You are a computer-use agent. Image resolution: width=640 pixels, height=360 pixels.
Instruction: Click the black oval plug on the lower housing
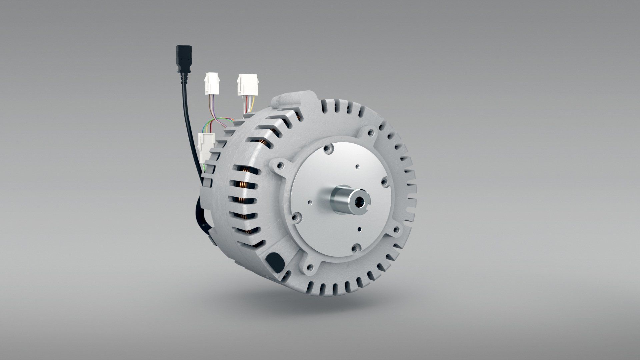tap(274, 260)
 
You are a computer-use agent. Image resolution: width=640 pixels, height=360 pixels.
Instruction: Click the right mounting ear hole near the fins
tap(396, 230)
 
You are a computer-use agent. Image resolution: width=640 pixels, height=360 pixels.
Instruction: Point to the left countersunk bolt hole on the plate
tap(294, 218)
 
